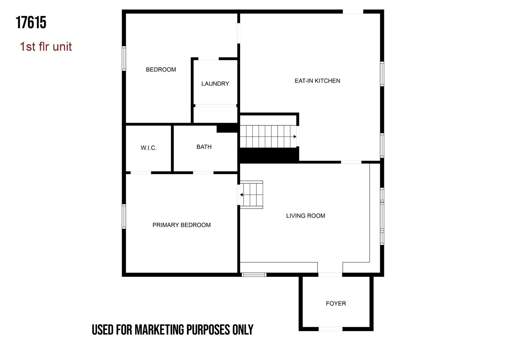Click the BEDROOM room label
pos(161,70)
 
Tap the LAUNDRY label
pos(215,84)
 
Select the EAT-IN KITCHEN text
pos(317,81)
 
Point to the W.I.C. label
pos(148,148)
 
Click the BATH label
pos(204,147)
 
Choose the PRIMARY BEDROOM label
pos(182,225)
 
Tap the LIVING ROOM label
pos(305,216)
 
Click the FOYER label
pos(336,304)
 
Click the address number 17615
pos(31,22)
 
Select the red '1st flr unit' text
pos(46,47)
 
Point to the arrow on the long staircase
pos(295,136)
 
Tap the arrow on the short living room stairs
pos(241,195)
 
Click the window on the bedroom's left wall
pos(124,58)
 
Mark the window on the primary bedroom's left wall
pos(124,216)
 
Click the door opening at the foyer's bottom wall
pos(330,329)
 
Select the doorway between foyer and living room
pos(330,275)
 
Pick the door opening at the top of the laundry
pos(208,59)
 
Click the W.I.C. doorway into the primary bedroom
pos(141,173)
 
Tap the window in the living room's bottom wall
pos(254,275)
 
